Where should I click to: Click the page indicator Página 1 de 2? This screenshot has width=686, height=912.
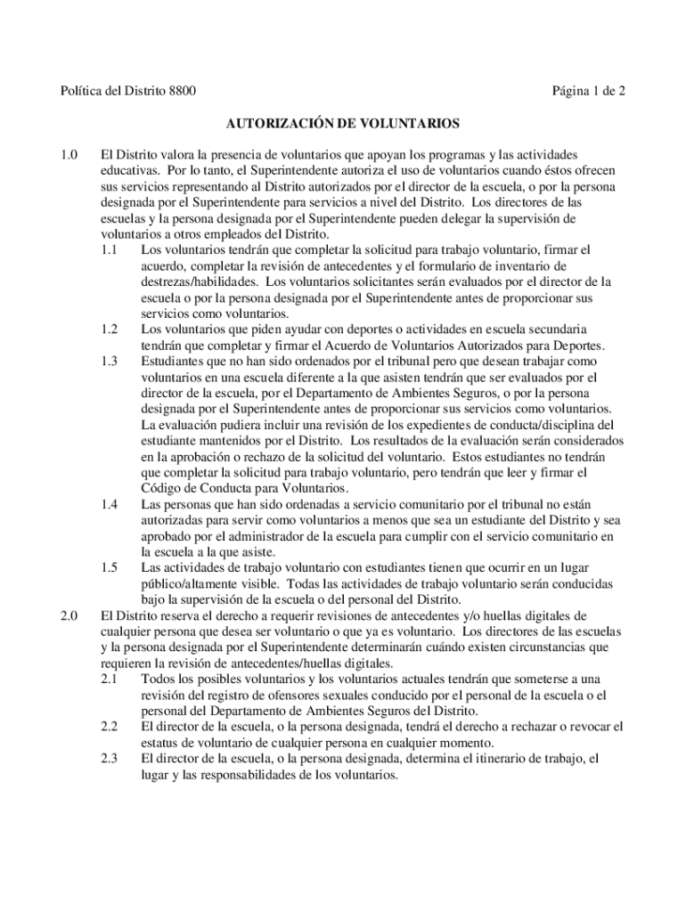click(x=589, y=91)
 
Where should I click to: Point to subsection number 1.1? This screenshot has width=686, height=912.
click(x=110, y=250)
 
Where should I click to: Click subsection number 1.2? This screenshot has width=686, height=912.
click(x=110, y=330)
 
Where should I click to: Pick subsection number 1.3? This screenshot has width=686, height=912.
click(x=110, y=362)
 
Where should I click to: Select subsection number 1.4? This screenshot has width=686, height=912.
click(x=110, y=506)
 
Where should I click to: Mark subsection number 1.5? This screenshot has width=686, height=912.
click(x=110, y=568)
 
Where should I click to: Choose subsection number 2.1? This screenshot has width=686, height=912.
click(x=110, y=679)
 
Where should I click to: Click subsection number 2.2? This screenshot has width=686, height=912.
click(x=110, y=727)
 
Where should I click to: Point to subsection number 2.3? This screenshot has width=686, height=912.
click(x=110, y=759)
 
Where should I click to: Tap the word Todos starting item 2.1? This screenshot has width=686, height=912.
click(x=159, y=679)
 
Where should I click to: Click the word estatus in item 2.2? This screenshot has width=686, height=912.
click(x=159, y=743)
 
